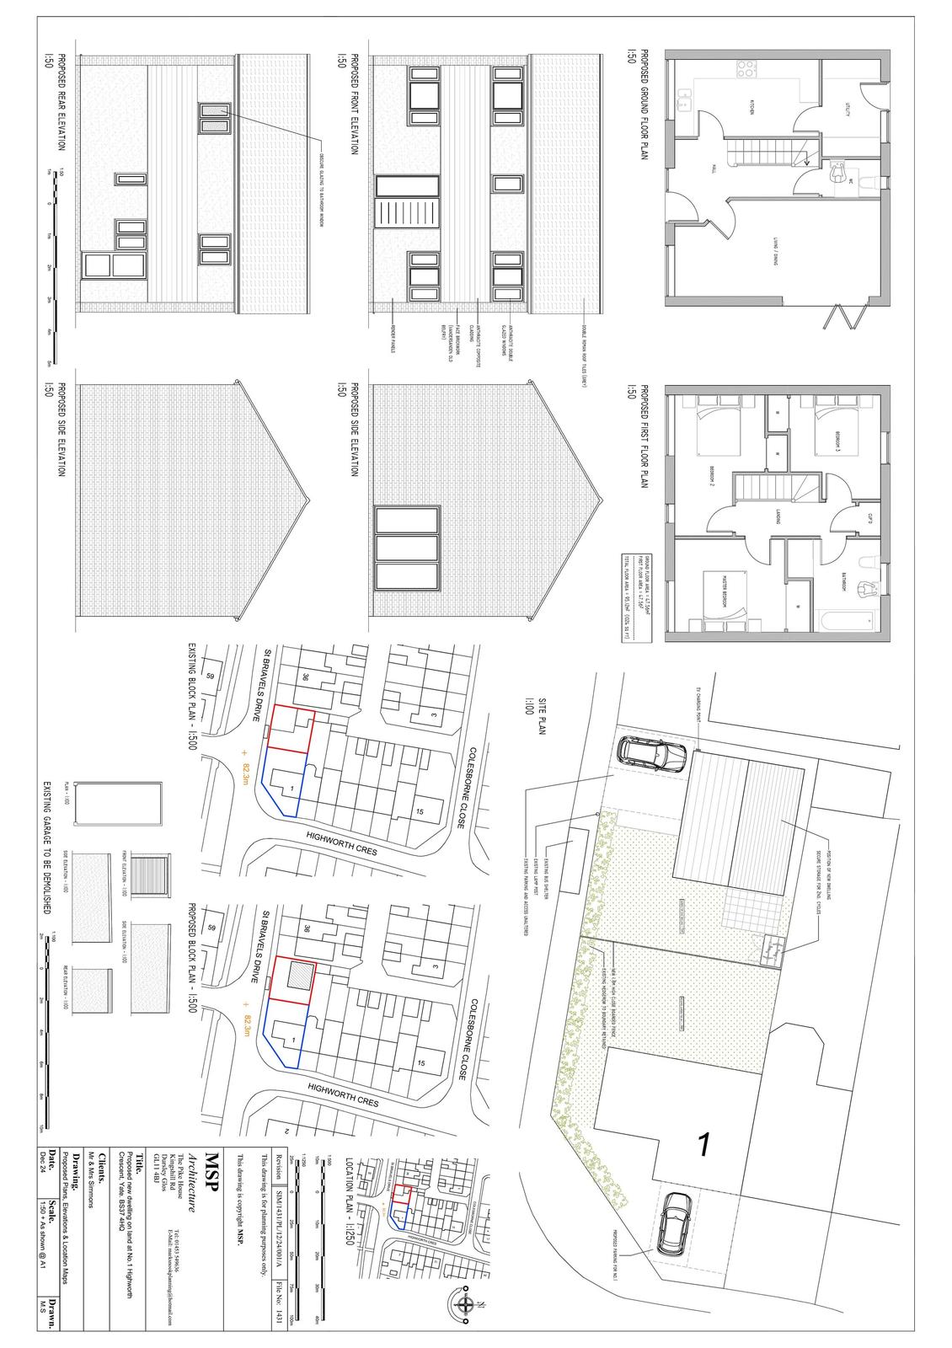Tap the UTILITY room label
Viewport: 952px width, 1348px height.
(x=849, y=107)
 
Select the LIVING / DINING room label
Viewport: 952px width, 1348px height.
(x=773, y=244)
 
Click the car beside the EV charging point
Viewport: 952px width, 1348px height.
(x=652, y=752)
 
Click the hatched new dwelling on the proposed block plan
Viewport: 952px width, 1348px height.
(x=299, y=977)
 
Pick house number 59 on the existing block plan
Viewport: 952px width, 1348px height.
(x=211, y=676)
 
